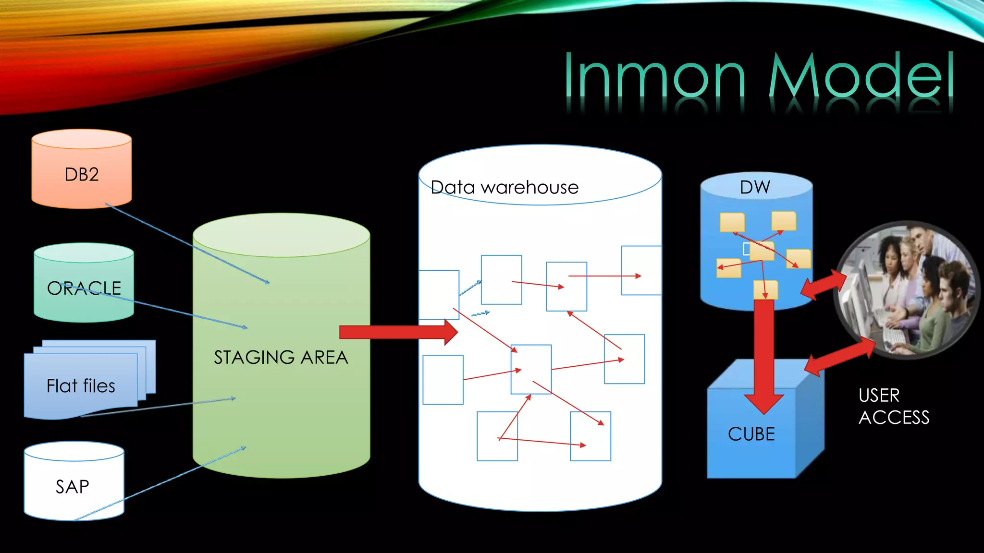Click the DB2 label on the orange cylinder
point(82,174)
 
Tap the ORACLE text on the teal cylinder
point(84,288)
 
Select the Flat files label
point(81,386)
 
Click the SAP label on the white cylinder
point(73,487)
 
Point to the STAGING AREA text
point(281,358)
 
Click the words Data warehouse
point(504,187)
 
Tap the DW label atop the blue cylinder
point(755,187)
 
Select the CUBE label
point(751,434)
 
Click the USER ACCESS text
point(893,407)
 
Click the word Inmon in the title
point(654,77)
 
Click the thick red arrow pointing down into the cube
point(763,355)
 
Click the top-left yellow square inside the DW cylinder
point(732,222)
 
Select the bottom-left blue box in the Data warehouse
point(443,380)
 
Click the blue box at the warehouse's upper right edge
point(641,270)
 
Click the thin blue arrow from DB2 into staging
point(187,244)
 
